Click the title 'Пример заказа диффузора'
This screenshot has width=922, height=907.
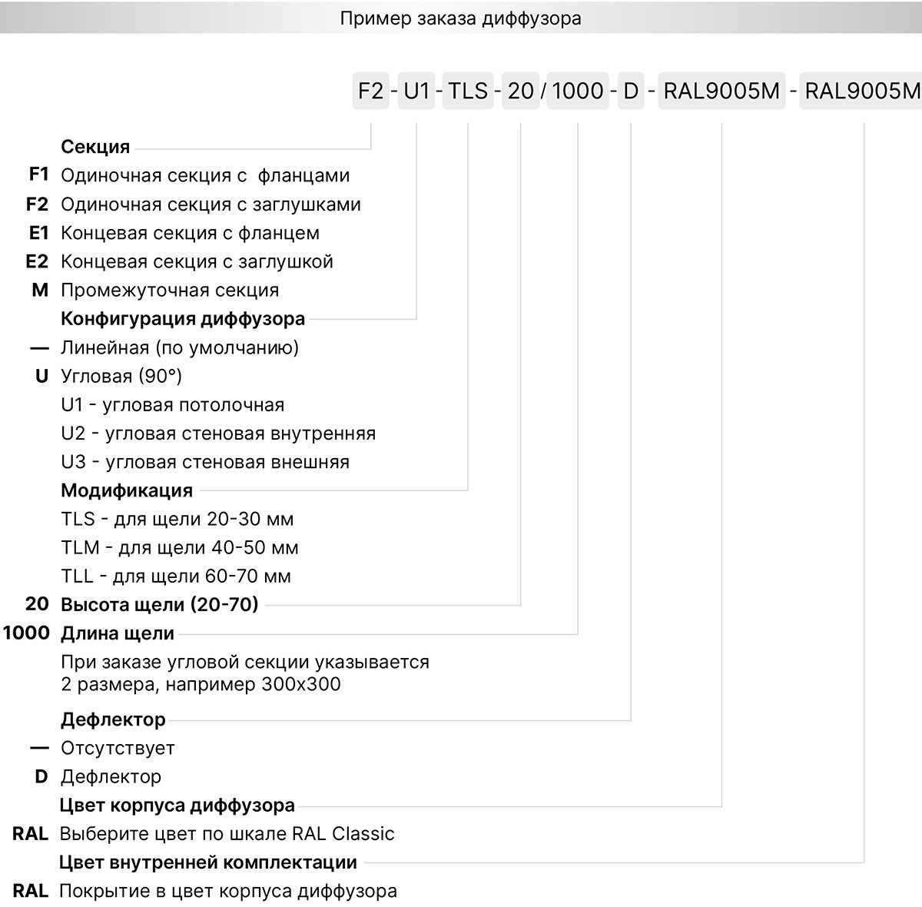coord(460,18)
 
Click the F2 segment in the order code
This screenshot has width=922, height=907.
coord(370,91)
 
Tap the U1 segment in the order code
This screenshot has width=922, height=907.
coord(416,91)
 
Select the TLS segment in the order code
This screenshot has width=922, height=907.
coord(468,91)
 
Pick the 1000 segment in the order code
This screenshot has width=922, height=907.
coord(578,91)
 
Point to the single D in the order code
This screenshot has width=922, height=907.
coord(631,91)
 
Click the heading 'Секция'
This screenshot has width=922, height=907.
coord(95,147)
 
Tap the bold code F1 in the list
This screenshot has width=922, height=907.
coord(38,175)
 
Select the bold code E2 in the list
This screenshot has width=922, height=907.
coord(37,261)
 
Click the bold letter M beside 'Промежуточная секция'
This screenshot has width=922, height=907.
coord(40,291)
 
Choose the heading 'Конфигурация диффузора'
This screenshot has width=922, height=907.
coord(183,319)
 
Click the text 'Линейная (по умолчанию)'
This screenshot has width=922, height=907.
coord(180,347)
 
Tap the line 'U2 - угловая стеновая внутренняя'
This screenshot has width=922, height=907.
coord(218,434)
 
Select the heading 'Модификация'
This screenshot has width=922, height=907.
coord(127,490)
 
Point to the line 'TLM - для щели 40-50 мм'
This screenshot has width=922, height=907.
coord(180,548)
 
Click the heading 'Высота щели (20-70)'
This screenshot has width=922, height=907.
coord(160,605)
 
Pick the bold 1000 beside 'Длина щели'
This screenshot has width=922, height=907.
coord(26,633)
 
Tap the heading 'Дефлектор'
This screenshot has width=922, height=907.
coord(114,719)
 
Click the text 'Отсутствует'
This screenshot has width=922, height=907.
coord(118,748)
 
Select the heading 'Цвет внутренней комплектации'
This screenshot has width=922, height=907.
coord(208,862)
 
